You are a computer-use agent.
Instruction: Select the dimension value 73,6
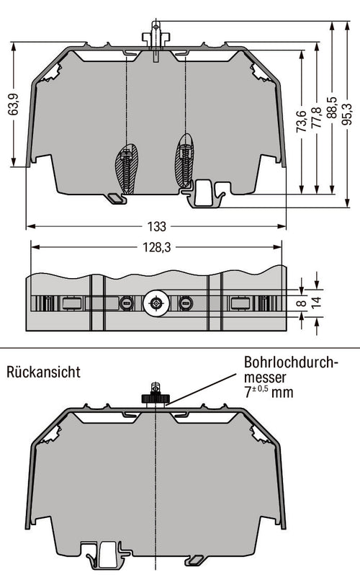pyautogui.click(x=302, y=121)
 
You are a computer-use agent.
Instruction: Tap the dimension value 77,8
pyautogui.click(x=317, y=118)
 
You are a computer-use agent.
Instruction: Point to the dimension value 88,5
pyautogui.click(x=331, y=107)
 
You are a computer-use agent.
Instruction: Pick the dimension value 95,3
pyautogui.click(x=347, y=114)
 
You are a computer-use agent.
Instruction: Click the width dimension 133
pyautogui.click(x=157, y=226)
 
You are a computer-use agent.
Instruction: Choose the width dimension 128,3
pyautogui.click(x=157, y=247)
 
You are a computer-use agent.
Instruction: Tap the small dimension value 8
pyautogui.click(x=302, y=303)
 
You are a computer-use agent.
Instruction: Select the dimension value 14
pyautogui.click(x=317, y=302)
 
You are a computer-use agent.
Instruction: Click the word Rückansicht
pyautogui.click(x=43, y=372)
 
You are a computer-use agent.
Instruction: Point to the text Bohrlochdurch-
pyautogui.click(x=292, y=362)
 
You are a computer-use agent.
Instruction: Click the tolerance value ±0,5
pyautogui.click(x=260, y=389)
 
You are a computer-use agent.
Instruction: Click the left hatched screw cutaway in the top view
pyautogui.click(x=127, y=169)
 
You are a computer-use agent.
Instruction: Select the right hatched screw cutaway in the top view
pyautogui.click(x=184, y=160)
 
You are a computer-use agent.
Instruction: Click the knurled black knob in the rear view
pyautogui.click(x=156, y=398)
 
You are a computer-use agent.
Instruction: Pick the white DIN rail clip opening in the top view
pyautogui.click(x=203, y=192)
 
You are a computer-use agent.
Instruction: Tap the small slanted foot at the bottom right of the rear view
pyautogui.click(x=194, y=560)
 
